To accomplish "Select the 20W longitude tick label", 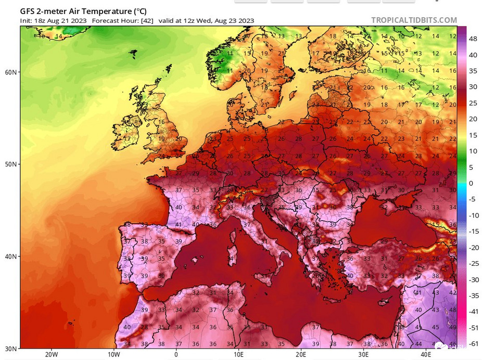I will tap(51, 355).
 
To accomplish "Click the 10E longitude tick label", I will tap(238, 355).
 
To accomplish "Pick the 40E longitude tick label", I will tap(426, 355).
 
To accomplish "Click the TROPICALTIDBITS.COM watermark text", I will tap(414, 20).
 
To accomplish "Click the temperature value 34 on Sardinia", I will tap(230, 259).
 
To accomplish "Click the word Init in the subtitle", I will tap(26, 20).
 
